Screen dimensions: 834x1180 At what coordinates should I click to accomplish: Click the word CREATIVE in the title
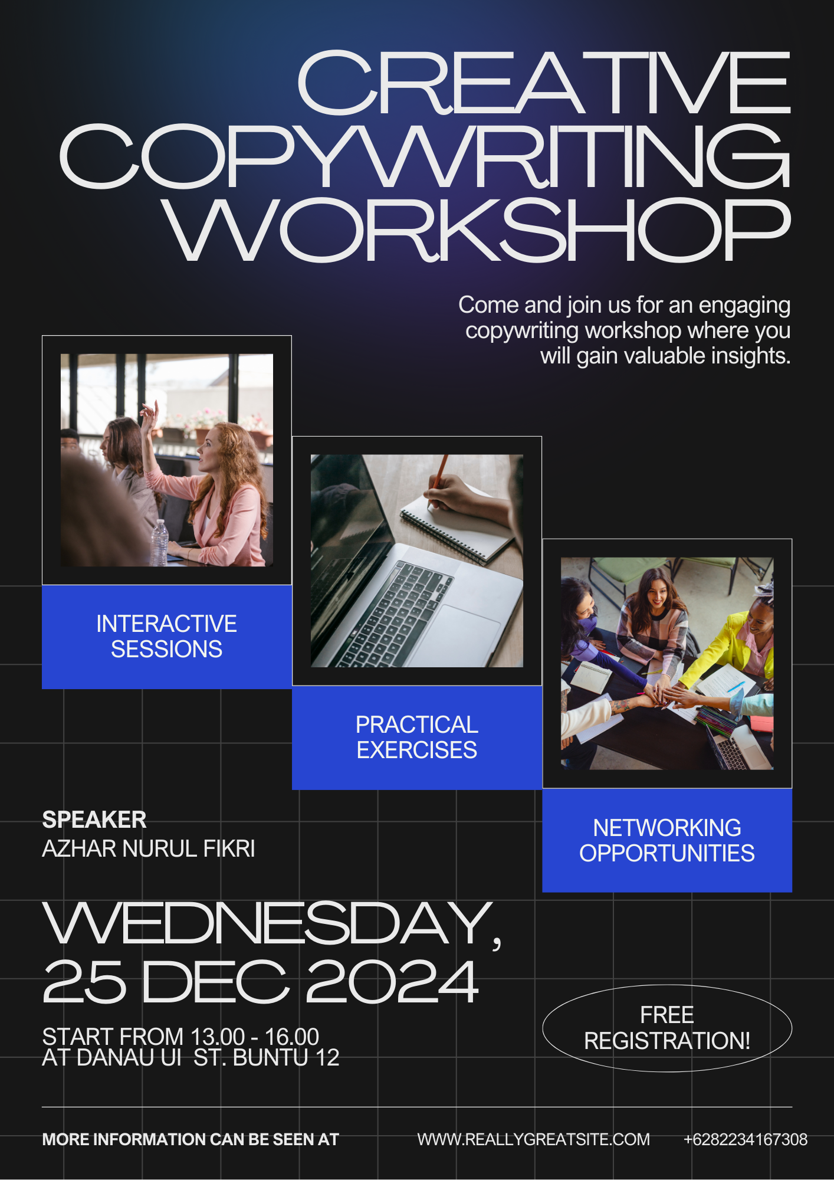[x=544, y=83]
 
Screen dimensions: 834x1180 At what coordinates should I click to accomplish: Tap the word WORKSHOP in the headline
[x=477, y=230]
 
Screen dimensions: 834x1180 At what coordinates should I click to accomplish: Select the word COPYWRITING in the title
[x=425, y=156]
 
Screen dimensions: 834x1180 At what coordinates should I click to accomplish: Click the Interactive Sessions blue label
[x=167, y=637]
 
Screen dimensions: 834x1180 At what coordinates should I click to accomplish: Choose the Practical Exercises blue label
[x=417, y=737]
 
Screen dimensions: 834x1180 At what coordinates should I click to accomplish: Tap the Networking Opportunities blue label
[x=667, y=841]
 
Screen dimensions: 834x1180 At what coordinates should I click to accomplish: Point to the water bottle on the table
[x=160, y=542]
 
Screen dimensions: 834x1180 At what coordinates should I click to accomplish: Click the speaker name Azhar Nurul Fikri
[x=149, y=848]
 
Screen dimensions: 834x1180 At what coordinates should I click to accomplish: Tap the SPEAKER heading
[x=94, y=820]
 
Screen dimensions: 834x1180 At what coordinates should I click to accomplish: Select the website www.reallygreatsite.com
[x=534, y=1139]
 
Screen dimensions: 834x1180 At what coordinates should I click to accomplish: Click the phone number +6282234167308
[x=746, y=1139]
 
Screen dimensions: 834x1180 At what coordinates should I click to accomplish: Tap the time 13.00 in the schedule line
[x=218, y=1037]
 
